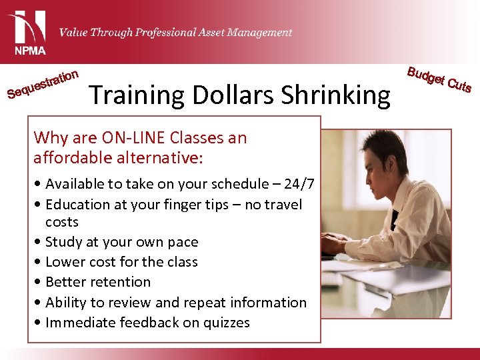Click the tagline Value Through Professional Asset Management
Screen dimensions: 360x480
(x=175, y=32)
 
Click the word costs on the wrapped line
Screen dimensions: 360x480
(x=62, y=222)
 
